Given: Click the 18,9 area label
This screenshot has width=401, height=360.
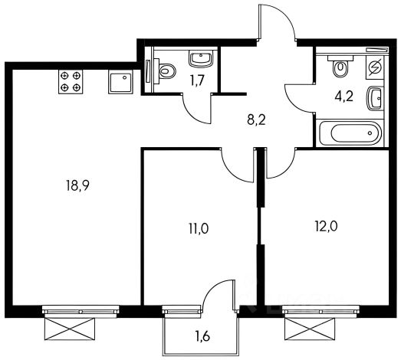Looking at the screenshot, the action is (x=77, y=185).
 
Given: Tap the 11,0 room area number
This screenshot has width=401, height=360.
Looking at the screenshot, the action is (x=199, y=228).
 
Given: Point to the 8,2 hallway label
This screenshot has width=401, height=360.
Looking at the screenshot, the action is (x=257, y=119).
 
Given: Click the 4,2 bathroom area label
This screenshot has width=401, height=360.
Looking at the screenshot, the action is (x=344, y=97).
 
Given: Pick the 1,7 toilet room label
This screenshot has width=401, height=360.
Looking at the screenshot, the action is (x=196, y=81).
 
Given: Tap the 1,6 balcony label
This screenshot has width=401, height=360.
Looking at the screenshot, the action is (x=202, y=336).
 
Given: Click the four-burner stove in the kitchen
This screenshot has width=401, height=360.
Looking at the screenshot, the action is (x=71, y=82).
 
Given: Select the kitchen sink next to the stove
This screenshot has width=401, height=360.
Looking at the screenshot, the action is (x=120, y=82).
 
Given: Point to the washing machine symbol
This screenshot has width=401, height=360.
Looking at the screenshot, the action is (x=375, y=67).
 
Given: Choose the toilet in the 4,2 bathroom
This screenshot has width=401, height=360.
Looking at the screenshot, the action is (x=340, y=66).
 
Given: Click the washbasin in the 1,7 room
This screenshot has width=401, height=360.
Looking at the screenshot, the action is (x=201, y=59).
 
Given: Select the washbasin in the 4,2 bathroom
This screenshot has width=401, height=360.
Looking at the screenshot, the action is (x=376, y=99).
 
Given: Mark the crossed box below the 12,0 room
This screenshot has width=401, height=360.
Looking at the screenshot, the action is (x=310, y=329).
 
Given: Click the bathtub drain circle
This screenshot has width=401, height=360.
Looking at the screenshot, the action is (x=370, y=133).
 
